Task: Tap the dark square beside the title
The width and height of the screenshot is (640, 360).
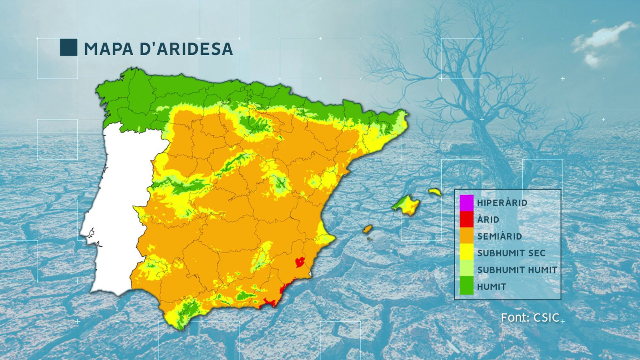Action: [68, 47]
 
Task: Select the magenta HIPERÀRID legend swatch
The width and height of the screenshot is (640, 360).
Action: [466, 202]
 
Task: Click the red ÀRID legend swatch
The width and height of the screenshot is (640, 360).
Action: [466, 219]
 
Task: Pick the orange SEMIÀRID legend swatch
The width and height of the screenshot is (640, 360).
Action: [466, 236]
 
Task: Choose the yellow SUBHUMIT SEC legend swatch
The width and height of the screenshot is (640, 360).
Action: [466, 253]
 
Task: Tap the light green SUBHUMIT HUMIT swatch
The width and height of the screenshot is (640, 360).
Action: [466, 270]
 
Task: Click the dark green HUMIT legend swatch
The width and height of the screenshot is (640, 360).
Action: [466, 286]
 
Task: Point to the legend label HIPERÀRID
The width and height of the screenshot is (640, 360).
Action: [502, 203]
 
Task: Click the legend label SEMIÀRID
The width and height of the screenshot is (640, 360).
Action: [499, 236]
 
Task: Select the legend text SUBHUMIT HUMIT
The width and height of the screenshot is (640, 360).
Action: [517, 270]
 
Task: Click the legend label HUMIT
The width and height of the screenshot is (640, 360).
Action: [492, 287]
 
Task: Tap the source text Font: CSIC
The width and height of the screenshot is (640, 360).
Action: [530, 318]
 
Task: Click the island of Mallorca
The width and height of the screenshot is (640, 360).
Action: [407, 205]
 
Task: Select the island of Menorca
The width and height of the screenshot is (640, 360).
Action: [435, 192]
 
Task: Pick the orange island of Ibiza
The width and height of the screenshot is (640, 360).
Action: [368, 229]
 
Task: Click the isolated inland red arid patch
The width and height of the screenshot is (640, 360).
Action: [300, 262]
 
